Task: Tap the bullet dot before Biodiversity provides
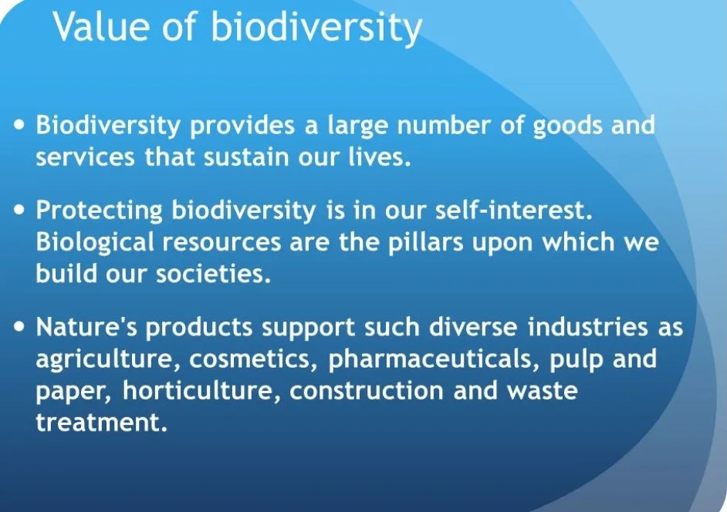(19, 125)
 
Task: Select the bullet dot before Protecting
(19, 210)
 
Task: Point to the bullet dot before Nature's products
(19, 327)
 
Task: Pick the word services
(86, 157)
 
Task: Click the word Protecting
(100, 211)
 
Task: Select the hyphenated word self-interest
(514, 210)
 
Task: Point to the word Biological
(95, 243)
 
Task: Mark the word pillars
(426, 243)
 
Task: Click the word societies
(213, 274)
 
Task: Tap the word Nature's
(86, 327)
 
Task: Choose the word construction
(367, 391)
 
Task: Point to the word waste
(542, 391)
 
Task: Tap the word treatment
(102, 422)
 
